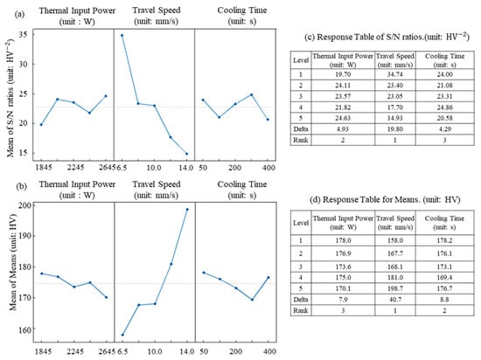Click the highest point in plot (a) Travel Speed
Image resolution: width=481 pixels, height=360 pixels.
[122, 35]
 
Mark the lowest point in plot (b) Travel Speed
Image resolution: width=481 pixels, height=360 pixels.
[122, 335]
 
